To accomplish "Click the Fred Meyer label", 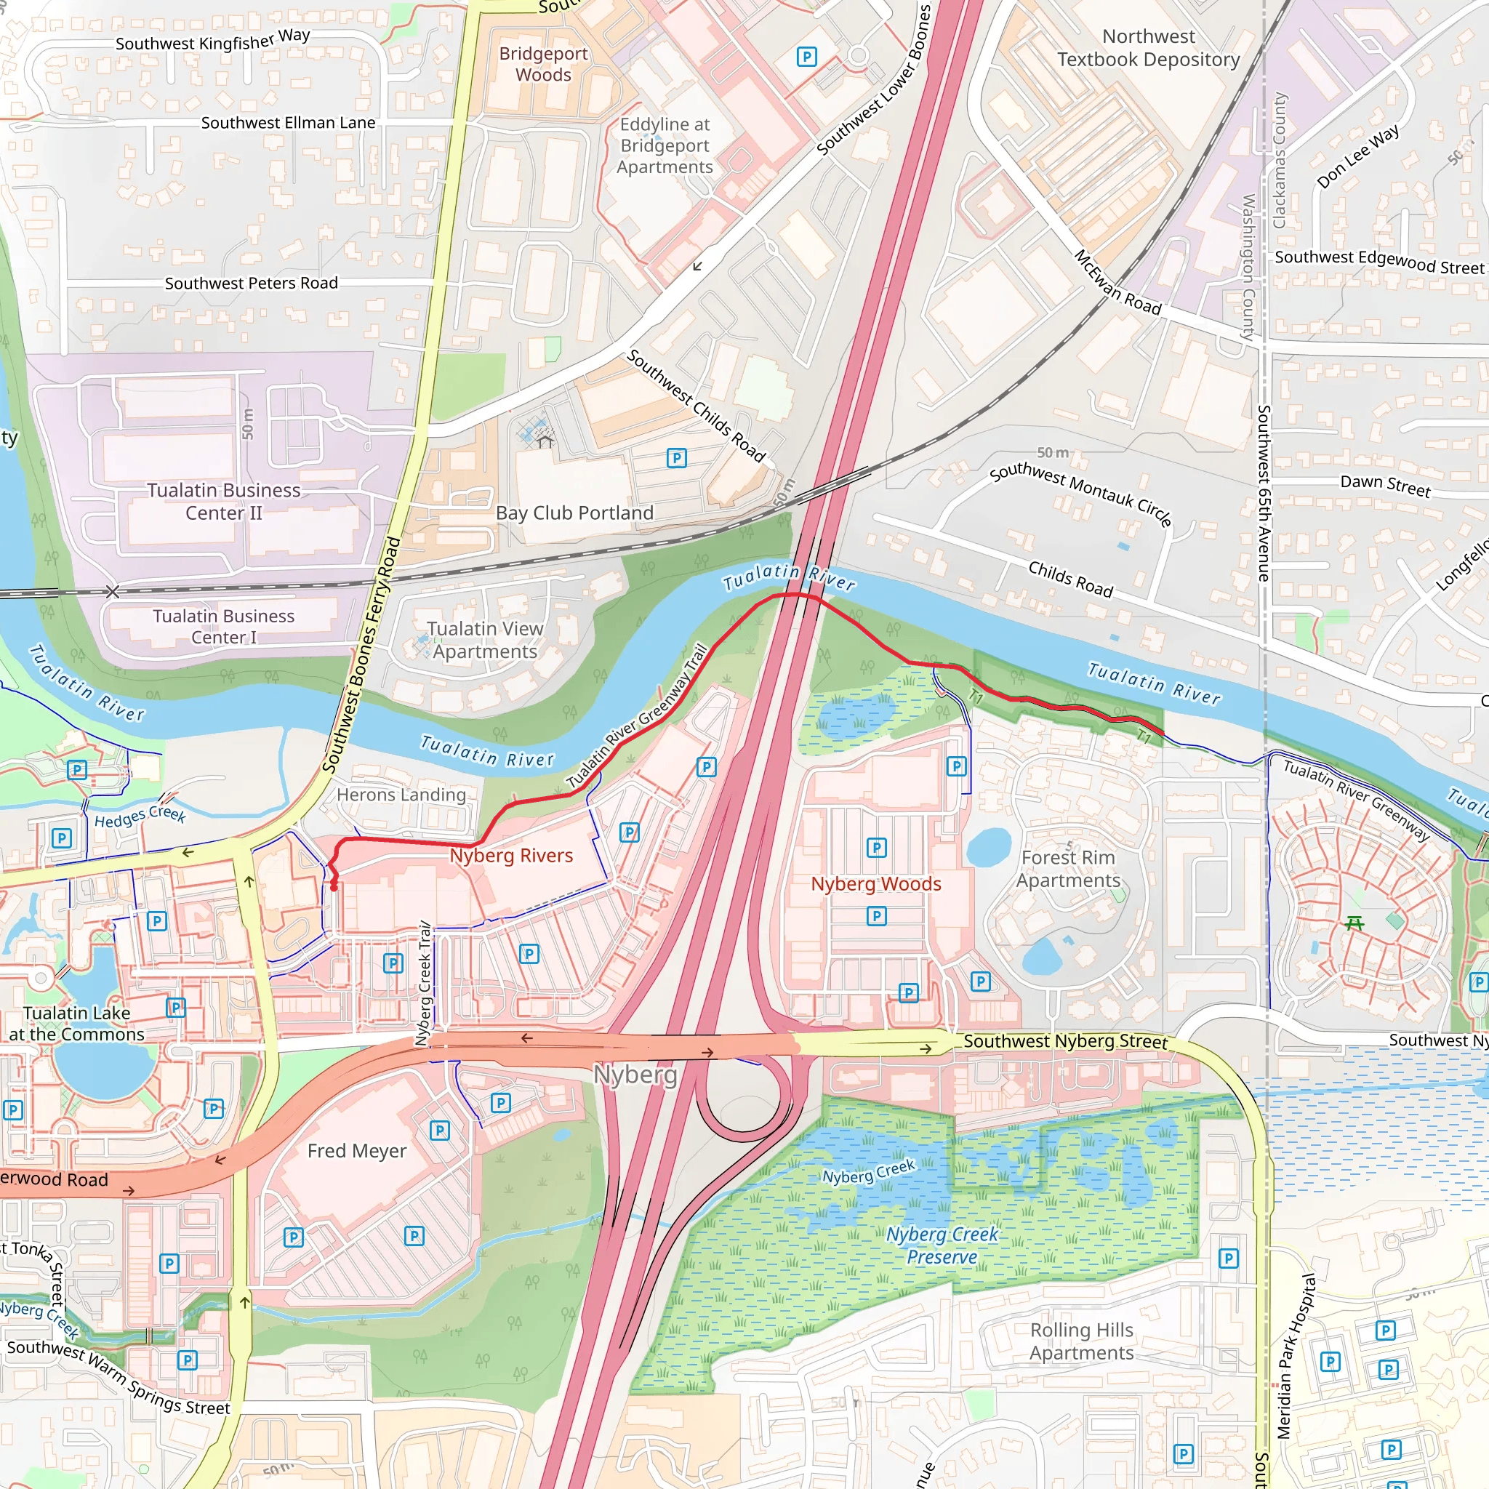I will (x=356, y=1151).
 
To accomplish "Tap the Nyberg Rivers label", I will (x=511, y=856).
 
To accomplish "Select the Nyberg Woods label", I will (x=875, y=884).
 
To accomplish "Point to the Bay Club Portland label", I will (x=574, y=513).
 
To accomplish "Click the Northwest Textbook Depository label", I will (x=1147, y=48).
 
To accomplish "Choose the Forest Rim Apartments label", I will (x=1067, y=869).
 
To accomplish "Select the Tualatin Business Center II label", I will (x=223, y=502).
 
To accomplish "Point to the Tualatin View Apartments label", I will (x=485, y=640).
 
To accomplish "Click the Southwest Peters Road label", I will (x=252, y=284).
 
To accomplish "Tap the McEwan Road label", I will (x=1117, y=283).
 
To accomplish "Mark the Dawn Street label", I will (x=1385, y=486).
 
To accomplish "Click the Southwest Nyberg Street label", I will (x=1064, y=1041).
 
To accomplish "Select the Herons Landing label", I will (x=401, y=795).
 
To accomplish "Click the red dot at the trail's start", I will (x=334, y=887).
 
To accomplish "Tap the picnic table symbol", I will (x=1354, y=923).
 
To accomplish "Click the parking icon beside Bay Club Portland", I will (x=676, y=459).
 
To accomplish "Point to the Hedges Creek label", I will (x=140, y=816).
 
